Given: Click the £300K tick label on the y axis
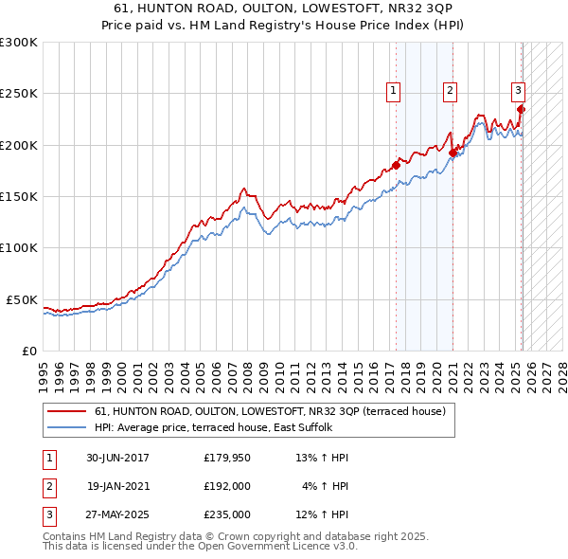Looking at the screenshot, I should pyautogui.click(x=18, y=43).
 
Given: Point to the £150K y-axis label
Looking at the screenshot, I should pyautogui.click(x=18, y=196).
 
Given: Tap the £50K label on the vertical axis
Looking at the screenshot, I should pyautogui.click(x=22, y=299).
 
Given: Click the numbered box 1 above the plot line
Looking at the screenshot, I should pyautogui.click(x=393, y=91).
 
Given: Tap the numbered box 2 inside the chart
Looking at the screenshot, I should pyautogui.click(x=450, y=91).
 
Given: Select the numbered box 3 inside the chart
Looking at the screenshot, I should pyautogui.click(x=519, y=91).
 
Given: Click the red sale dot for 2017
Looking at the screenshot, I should pyautogui.click(x=397, y=166).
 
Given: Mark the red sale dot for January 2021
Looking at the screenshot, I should pyautogui.click(x=453, y=153).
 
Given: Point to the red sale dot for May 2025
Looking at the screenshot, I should pyautogui.click(x=522, y=109).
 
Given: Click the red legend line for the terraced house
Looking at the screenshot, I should pyautogui.click(x=67, y=411).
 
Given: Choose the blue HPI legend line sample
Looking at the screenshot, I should pyautogui.click(x=67, y=427).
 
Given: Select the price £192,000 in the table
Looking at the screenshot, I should pyautogui.click(x=226, y=486).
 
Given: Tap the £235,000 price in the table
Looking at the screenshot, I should pyautogui.click(x=226, y=514).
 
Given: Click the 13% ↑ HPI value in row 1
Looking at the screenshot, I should pyautogui.click(x=322, y=458).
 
